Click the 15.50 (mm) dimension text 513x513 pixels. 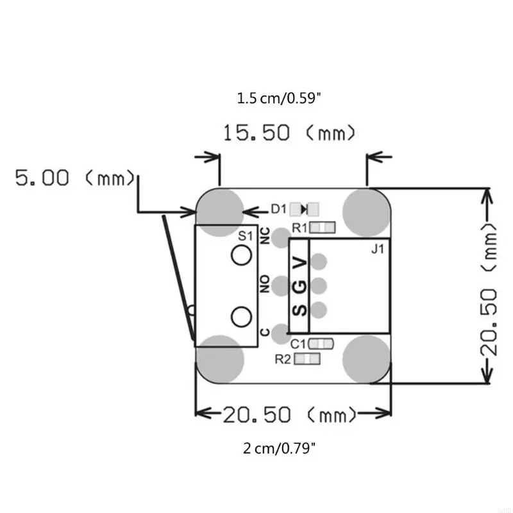pyautogui.click(x=289, y=133)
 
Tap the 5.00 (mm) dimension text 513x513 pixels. pyautogui.click(x=75, y=178)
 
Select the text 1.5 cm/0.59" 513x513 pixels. pyautogui.click(x=279, y=98)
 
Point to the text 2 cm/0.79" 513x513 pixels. pyautogui.click(x=279, y=448)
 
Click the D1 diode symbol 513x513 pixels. pyautogui.click(x=304, y=209)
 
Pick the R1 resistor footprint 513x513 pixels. pyautogui.click(x=323, y=228)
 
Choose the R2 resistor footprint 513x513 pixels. pyautogui.click(x=307, y=359)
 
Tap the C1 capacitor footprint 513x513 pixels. pyautogui.click(x=321, y=344)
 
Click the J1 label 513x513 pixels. pyautogui.click(x=378, y=249)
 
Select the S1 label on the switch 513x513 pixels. pyautogui.click(x=246, y=235)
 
